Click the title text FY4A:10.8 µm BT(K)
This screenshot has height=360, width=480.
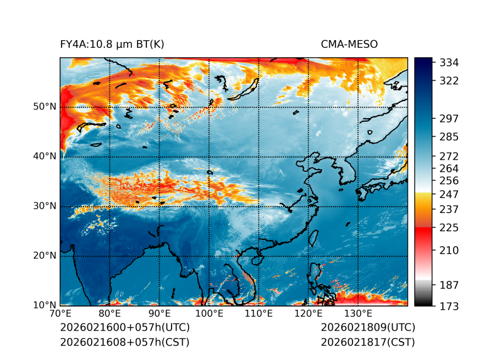pos(112,44)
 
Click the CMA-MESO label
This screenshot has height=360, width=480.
pos(349,44)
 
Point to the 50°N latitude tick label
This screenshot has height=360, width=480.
pos(45,107)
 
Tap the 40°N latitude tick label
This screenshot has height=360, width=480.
pos(45,156)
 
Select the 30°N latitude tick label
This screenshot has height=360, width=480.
pos(45,206)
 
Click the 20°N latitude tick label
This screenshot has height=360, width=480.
pos(45,256)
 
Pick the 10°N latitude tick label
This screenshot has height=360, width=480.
pos(45,305)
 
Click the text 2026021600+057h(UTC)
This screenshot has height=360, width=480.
pos(124,328)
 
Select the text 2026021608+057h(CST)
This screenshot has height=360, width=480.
pos(124,342)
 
